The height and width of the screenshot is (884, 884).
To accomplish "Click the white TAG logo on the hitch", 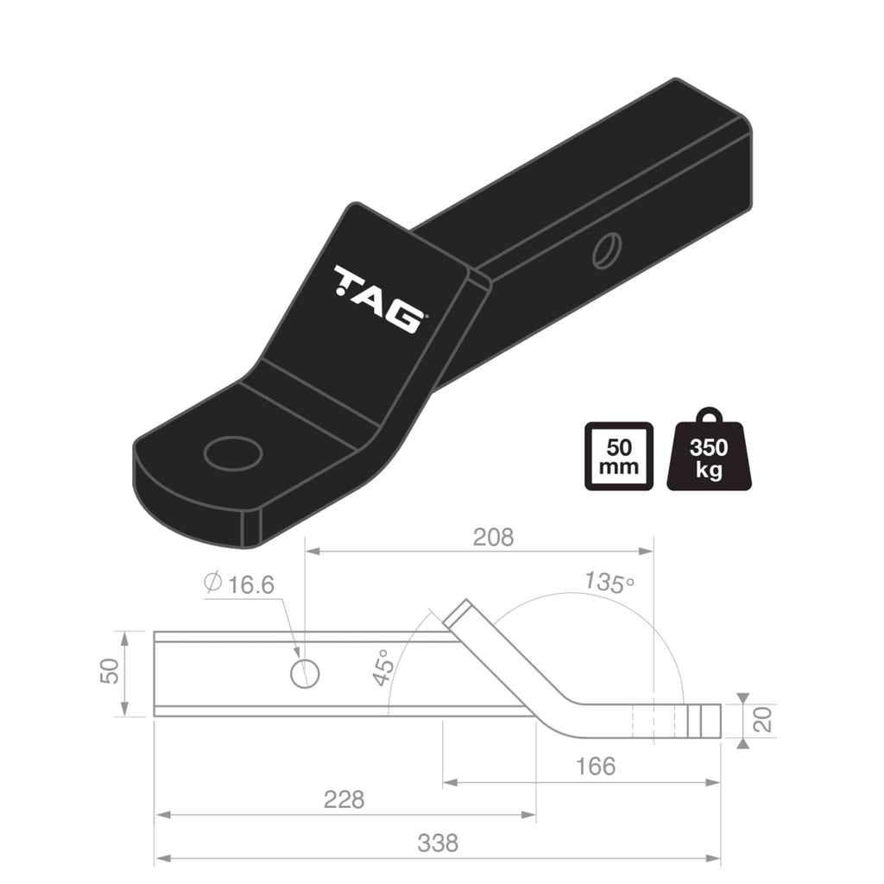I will coord(378,299).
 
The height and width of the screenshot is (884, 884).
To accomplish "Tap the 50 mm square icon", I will coord(618,457).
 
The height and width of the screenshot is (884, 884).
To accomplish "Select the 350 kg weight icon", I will coord(709,455).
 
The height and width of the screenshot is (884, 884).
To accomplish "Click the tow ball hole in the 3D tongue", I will coord(233,453).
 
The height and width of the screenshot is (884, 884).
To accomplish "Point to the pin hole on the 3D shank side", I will coord(607,249).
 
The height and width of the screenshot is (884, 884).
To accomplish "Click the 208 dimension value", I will coord(493,537).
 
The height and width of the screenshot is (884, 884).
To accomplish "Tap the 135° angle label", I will coord(609,583).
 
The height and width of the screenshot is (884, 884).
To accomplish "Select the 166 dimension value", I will coord(595,766).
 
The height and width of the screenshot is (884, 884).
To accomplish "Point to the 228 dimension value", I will coord(344,799).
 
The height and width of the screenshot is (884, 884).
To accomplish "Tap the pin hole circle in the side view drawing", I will coord(305,673).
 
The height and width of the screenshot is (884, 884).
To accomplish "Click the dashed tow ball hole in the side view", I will coord(653,721).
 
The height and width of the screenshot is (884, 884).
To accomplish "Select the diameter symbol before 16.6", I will coord(212,584).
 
